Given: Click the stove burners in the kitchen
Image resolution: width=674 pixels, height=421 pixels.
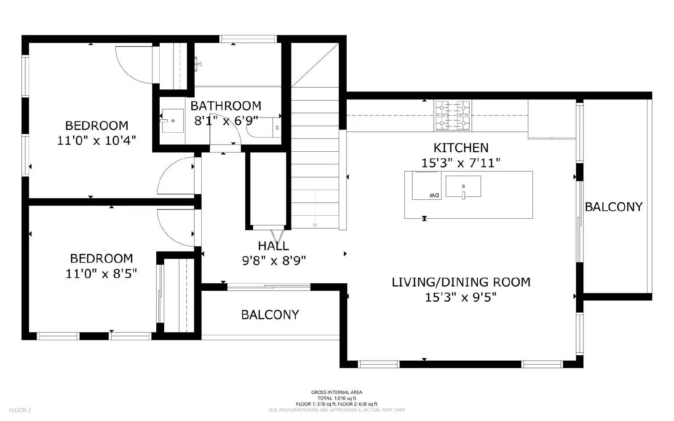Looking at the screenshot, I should click(453, 115).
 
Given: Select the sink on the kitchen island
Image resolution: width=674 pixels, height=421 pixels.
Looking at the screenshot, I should click(463, 186).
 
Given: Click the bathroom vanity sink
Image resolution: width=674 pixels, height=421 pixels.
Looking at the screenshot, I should click(173, 121).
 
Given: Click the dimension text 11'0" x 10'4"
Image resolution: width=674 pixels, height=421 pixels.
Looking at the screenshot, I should click(96, 140).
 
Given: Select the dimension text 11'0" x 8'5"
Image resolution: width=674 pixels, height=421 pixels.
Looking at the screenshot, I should click(101, 274).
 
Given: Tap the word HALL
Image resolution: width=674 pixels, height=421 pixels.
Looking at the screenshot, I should click(273, 246).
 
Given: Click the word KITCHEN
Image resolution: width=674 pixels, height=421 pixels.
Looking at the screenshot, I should click(461, 148).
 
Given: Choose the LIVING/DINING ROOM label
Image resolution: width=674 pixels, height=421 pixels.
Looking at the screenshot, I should click(461, 282).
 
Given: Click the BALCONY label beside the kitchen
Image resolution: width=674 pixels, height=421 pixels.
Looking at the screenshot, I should click(613, 207).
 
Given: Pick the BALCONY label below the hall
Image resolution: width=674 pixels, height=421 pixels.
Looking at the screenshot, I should click(270, 315).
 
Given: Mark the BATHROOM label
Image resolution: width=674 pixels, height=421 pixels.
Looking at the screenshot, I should click(226, 106).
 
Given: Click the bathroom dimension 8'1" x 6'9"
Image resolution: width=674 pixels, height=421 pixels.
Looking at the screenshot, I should click(226, 121).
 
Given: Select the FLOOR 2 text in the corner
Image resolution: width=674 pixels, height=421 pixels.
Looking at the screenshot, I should click(20, 410).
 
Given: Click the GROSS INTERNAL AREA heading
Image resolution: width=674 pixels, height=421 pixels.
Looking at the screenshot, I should click(337, 392).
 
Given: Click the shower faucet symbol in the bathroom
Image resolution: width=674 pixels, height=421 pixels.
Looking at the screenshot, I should click(198, 64).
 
